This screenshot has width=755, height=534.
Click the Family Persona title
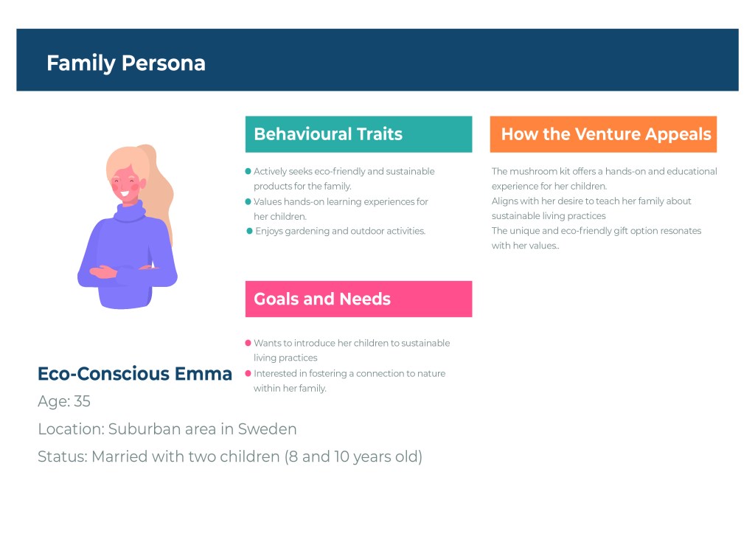(x=125, y=63)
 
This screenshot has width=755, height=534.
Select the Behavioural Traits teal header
(x=358, y=133)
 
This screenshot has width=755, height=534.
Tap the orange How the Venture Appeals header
(x=603, y=133)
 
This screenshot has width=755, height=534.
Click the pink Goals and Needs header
(x=358, y=299)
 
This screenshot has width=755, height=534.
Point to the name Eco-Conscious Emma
(x=135, y=374)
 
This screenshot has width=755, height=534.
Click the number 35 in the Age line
(x=82, y=401)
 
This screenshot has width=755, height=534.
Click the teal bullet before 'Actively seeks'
(x=248, y=171)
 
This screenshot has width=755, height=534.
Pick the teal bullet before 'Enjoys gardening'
(x=249, y=231)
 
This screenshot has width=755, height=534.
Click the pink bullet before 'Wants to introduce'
(x=248, y=343)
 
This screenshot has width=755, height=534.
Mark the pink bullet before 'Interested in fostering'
(x=248, y=373)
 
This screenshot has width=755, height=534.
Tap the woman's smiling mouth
(x=125, y=194)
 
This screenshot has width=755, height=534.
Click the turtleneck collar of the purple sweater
(x=129, y=211)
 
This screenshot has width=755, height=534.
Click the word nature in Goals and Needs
(x=432, y=374)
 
